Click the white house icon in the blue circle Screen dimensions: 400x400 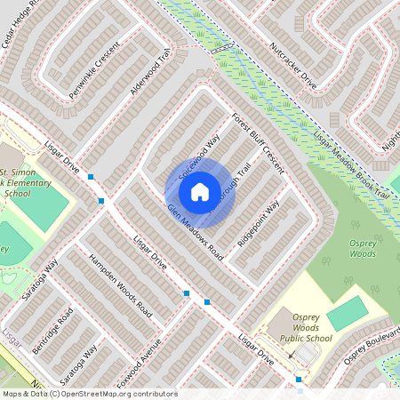200,190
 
